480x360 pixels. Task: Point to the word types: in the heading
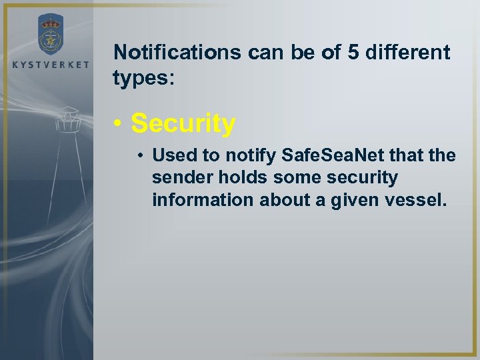click(x=143, y=78)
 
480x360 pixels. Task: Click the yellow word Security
click(x=183, y=123)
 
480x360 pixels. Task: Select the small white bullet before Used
click(x=142, y=156)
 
